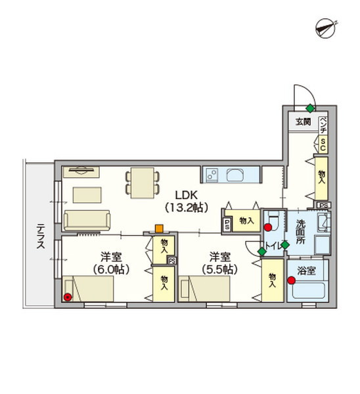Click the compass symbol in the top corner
point(326,29)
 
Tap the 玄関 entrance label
point(303,122)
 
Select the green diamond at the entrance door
point(311,108)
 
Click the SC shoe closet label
point(323,144)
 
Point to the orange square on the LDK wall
point(158,229)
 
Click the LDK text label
point(187,195)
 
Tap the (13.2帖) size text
point(187,208)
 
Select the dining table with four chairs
point(143,183)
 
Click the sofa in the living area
point(87,221)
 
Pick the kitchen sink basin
point(235,175)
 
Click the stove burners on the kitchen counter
point(212,175)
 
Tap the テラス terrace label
point(41,236)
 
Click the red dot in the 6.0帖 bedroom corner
point(68,297)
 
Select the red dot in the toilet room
point(268,228)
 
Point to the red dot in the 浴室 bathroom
point(292,280)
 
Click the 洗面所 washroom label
point(301,232)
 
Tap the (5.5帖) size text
point(220,270)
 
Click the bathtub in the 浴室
point(309,290)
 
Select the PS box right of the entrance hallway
point(324,206)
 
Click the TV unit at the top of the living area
point(81,172)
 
